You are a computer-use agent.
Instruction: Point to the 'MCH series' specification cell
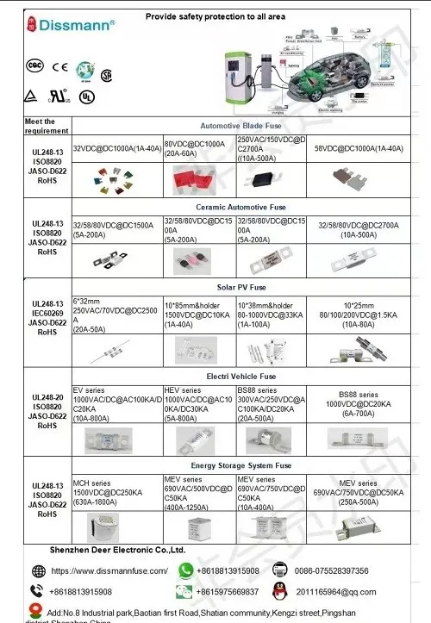(116, 490)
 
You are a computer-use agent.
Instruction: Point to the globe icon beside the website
(38, 570)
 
